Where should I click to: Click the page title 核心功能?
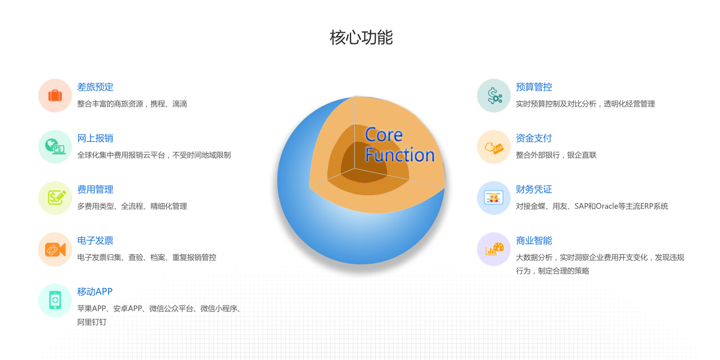(361, 37)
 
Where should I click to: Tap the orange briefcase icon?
(55, 96)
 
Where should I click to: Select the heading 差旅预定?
(95, 87)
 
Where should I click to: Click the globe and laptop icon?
(55, 147)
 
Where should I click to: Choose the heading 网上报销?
(95, 138)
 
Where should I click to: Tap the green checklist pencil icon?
(57, 197)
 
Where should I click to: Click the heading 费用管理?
(95, 190)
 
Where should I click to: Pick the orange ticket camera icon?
(55, 249)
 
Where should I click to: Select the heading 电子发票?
(95, 240)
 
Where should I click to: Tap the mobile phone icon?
(55, 300)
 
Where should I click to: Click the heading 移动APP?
(95, 291)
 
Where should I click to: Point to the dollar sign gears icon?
(494, 96)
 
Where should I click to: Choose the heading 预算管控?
(534, 87)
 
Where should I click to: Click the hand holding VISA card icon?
(494, 148)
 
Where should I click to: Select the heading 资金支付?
(534, 138)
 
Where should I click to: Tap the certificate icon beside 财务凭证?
(494, 197)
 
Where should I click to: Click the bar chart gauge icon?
(494, 249)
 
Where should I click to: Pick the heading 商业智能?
(534, 240)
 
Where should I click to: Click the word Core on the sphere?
(384, 134)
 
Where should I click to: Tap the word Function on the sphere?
(400, 155)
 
